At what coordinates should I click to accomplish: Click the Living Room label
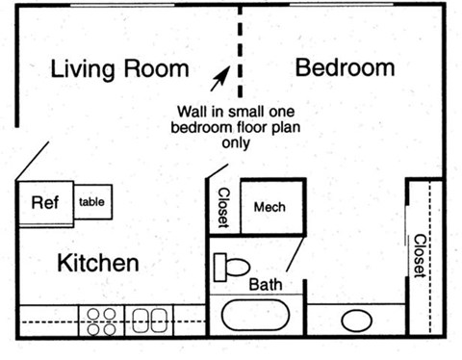coord(118,69)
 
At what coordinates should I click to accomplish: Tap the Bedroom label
coord(345,68)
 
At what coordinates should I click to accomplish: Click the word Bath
coord(266,285)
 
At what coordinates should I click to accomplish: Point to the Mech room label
coord(270,207)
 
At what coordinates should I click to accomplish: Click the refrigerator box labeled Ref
coord(45,203)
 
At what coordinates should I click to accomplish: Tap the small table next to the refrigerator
coord(92,202)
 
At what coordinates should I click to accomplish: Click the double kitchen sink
coord(148,321)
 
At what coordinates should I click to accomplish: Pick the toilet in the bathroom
coord(232,265)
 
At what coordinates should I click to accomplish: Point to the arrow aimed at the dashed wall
coord(220,77)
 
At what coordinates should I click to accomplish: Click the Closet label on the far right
coord(420,254)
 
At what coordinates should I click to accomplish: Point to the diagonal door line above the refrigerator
coord(33,161)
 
